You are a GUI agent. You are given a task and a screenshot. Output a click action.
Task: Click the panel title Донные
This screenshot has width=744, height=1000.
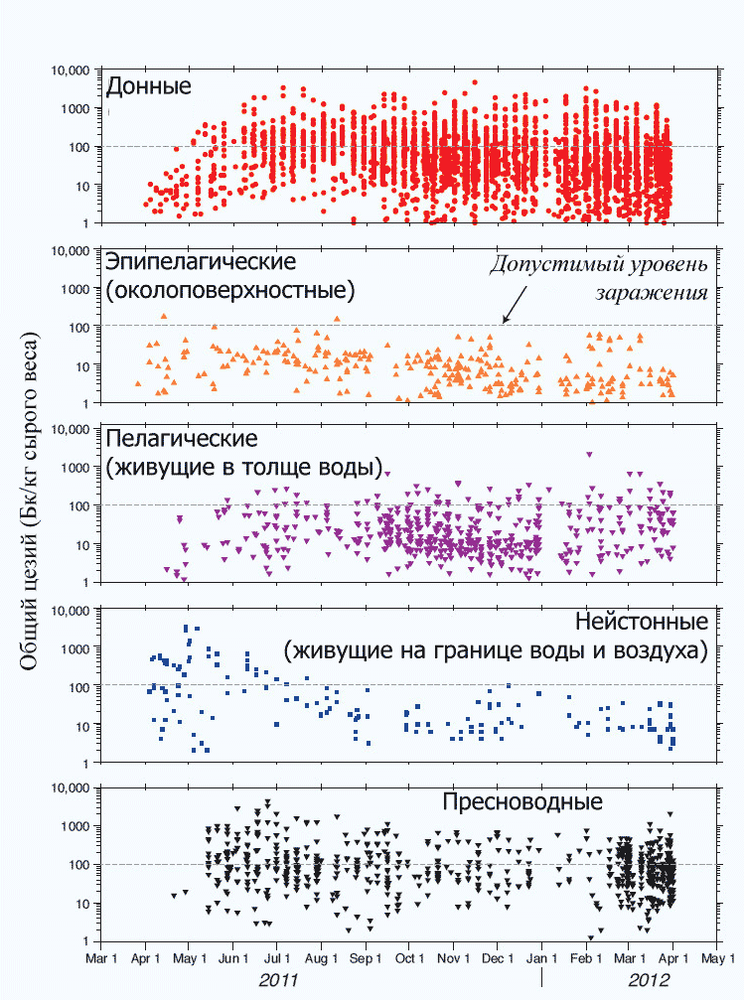[x=148, y=85]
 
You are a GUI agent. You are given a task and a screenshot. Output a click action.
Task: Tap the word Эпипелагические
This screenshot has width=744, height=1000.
[x=201, y=264]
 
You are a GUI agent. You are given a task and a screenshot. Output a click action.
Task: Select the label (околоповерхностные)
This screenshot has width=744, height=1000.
[x=230, y=292]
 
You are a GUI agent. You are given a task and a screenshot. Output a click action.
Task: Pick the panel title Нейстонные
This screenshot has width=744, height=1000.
[x=641, y=622]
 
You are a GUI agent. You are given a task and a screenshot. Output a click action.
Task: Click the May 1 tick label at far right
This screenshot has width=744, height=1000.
[x=716, y=959]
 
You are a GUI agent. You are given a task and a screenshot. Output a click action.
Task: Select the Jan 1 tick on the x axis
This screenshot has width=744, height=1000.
[x=541, y=959]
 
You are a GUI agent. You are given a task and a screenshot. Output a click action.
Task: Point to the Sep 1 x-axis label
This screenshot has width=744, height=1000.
[x=366, y=959]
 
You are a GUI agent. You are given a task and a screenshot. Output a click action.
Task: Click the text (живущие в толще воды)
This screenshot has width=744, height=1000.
[x=244, y=467]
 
